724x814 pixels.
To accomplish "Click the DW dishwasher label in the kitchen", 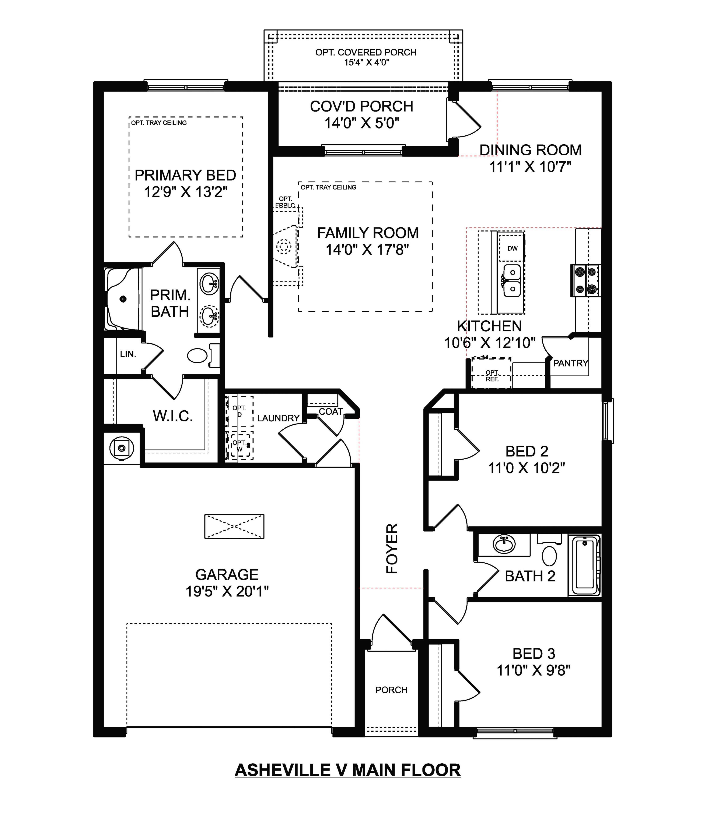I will pos(513,248).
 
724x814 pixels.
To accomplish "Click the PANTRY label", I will pos(570,363).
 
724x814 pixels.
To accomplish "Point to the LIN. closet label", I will pos(128,354).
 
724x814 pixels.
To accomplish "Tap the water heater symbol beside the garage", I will pos(122,448).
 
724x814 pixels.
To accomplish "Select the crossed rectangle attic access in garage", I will pos(234,527).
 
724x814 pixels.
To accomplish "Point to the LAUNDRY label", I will pos(278,418).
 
